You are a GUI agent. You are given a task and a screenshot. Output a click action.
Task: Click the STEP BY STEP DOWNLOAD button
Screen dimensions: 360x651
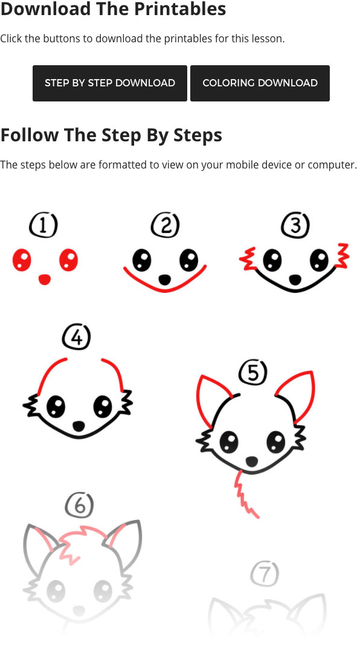109,83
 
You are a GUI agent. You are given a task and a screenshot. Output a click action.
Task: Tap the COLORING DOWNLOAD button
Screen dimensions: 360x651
260,83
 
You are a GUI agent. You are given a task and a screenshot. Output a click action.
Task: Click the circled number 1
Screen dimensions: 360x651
43,225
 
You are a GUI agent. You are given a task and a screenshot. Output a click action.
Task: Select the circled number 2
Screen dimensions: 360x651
166,225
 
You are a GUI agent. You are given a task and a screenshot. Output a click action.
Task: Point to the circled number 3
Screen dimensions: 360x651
295,225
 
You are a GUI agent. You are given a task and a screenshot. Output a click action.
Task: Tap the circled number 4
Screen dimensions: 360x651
77,337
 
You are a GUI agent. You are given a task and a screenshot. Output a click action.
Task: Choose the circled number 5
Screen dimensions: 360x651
253,373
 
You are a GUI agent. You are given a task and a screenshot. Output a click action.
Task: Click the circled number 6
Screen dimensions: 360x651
79,505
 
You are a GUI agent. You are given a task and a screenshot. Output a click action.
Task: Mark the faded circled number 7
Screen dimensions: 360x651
265,574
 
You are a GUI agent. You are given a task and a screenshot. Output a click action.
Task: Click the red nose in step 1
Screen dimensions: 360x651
45,280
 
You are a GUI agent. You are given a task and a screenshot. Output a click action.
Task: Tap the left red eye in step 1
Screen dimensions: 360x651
22,260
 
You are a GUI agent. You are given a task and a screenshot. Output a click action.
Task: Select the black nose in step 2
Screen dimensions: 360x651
165,280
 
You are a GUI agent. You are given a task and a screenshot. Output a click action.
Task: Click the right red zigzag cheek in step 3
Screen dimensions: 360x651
343,255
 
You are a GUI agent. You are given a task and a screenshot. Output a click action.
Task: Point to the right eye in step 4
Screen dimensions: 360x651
103,406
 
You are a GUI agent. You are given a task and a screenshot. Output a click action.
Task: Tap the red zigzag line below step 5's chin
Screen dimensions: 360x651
245,494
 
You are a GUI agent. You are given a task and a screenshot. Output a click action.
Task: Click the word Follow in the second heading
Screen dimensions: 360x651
30,135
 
